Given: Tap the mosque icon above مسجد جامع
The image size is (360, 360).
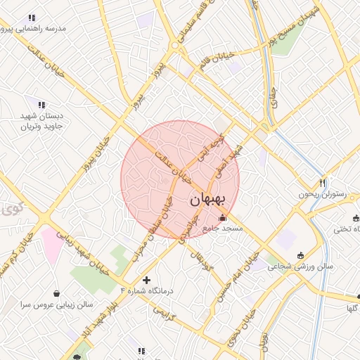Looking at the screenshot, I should click(223, 218).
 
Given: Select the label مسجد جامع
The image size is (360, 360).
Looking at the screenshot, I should click(223, 229).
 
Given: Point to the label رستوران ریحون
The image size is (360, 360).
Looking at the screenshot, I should click(323, 193).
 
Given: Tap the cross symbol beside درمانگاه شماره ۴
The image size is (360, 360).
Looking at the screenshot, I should click(146, 280).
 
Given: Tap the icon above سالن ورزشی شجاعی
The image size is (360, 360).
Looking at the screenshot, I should click(302, 255).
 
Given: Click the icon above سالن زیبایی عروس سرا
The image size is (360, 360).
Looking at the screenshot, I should click(56, 293).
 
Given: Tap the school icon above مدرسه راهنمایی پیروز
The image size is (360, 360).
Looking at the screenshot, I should click(31, 18).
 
